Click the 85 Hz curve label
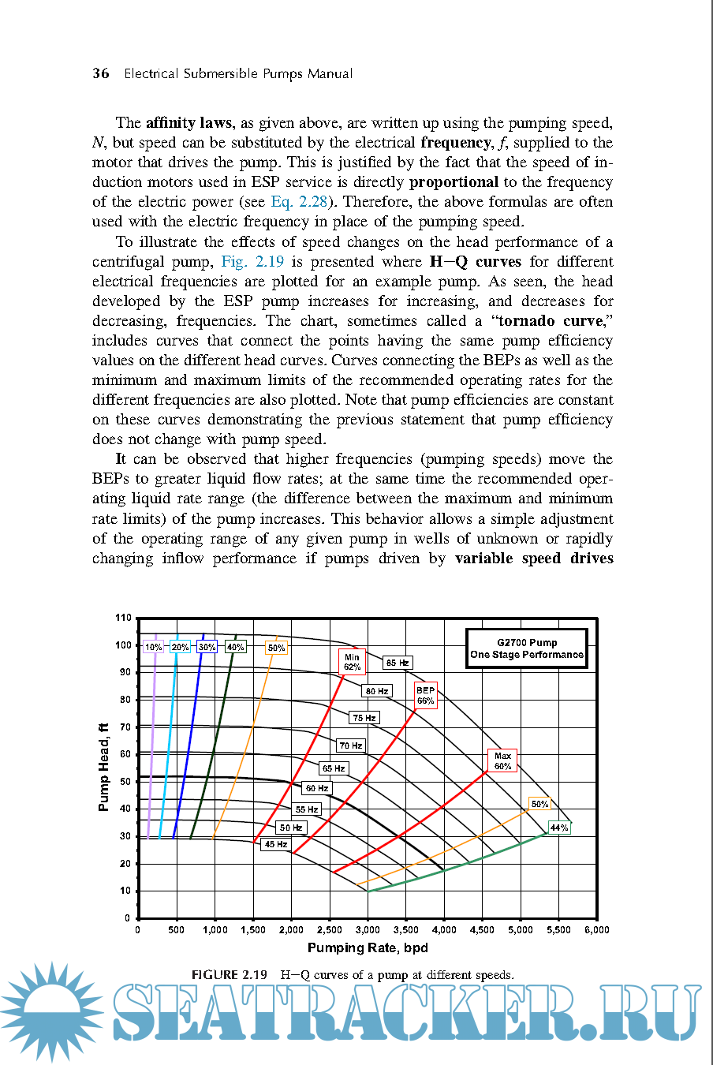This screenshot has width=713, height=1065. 398,663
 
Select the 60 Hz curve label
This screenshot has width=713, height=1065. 316,788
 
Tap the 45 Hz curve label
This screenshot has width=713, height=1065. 275,844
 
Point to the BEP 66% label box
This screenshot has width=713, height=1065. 426,695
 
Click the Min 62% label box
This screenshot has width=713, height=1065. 352,662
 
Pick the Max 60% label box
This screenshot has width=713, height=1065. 502,760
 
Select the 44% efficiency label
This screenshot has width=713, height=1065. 559,828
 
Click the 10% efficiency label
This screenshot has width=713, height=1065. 153,647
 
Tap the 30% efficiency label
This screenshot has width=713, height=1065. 207,647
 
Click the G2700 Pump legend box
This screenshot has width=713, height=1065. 527,648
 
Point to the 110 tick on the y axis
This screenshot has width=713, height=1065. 123,618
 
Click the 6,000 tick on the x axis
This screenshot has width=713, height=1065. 596,930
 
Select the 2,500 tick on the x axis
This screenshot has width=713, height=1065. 330,930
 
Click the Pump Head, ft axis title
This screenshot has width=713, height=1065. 103,767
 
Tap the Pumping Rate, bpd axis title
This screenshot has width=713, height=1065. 368,947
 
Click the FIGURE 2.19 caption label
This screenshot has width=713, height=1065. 230,975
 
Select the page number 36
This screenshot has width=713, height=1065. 101,73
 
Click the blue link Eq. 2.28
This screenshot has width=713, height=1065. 299,202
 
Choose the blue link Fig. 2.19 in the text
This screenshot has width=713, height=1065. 252,262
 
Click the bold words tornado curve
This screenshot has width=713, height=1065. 551,321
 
